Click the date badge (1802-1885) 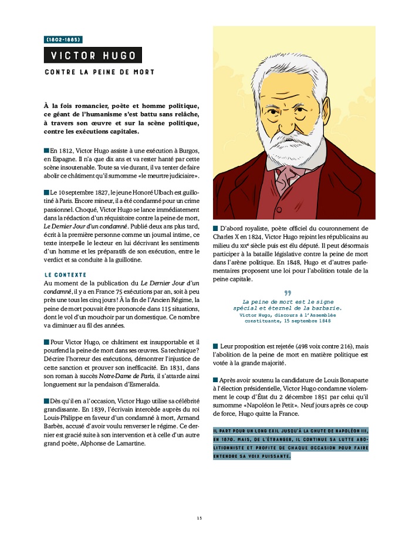(x=63, y=40)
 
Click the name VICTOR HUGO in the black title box (x=93, y=56)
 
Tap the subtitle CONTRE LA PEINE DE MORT (x=99, y=72)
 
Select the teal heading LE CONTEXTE (x=65, y=274)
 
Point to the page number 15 (x=199, y=518)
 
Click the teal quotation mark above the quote (x=288, y=292)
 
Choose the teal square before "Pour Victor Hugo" (x=46, y=342)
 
